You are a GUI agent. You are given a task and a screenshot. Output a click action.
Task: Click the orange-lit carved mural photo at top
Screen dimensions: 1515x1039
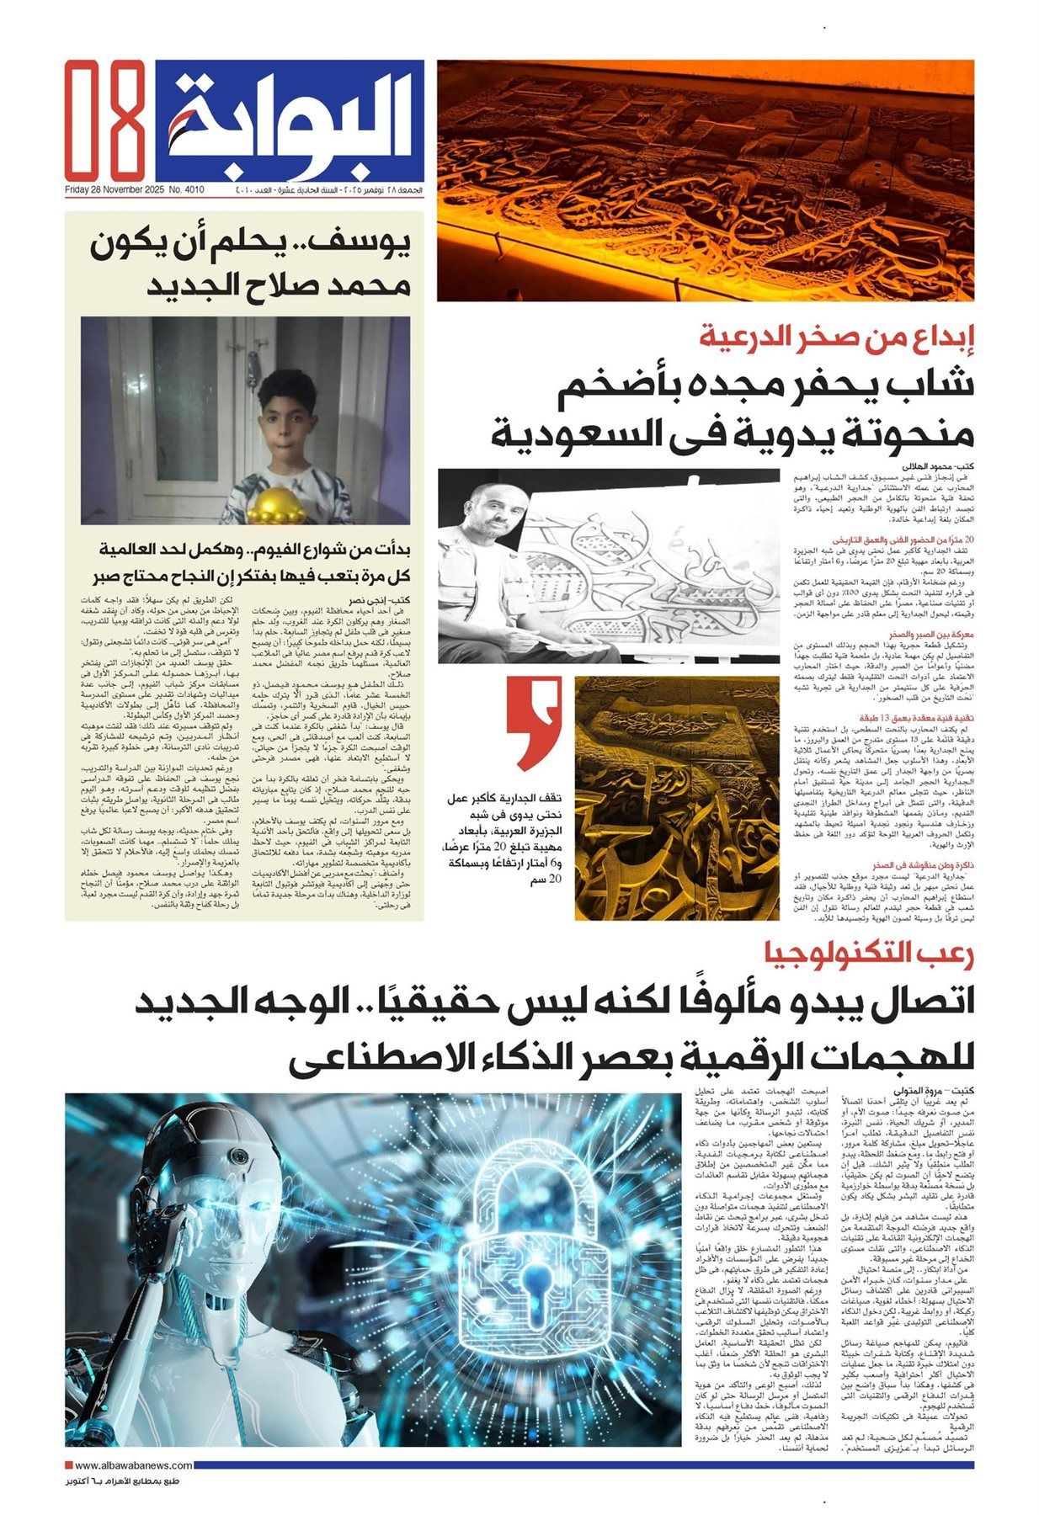[x=706, y=180]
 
